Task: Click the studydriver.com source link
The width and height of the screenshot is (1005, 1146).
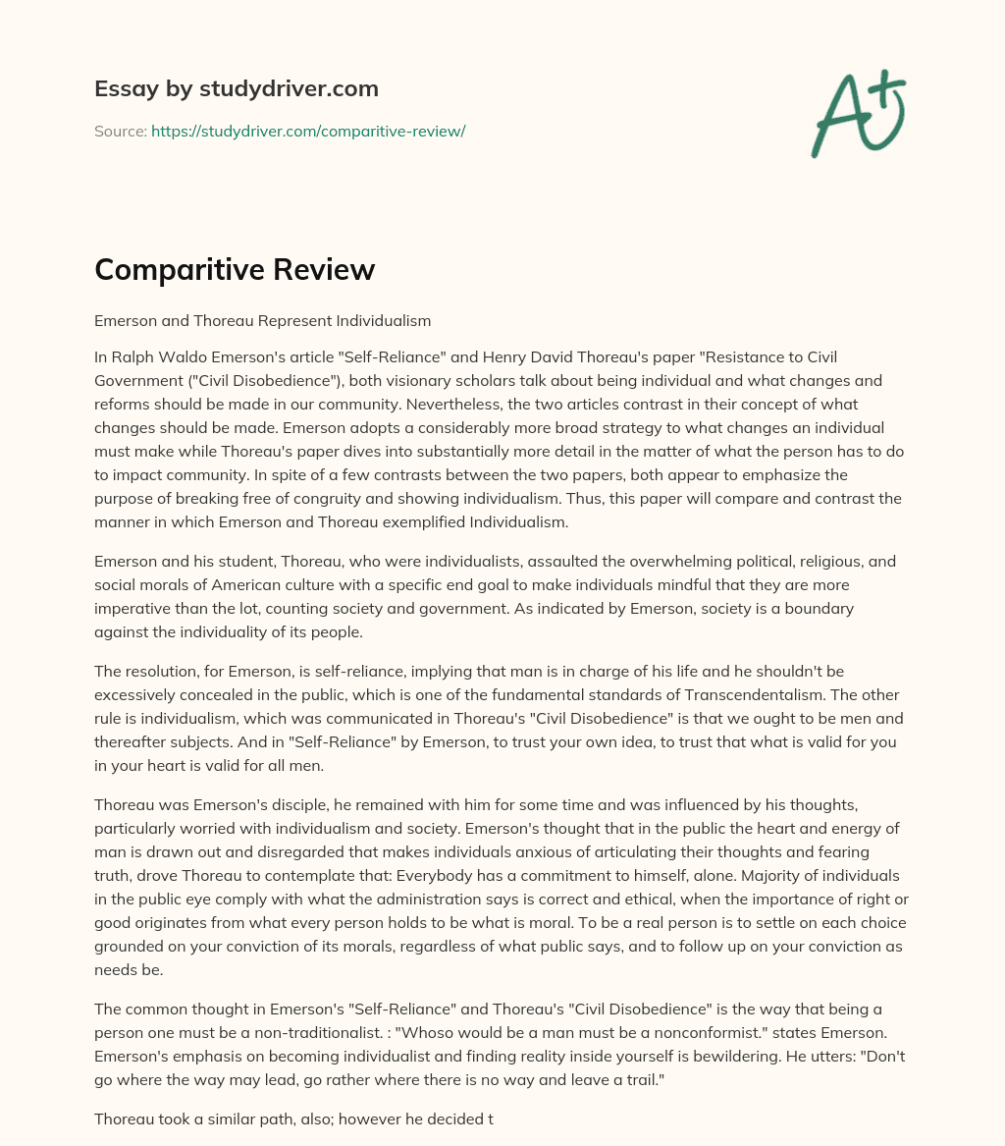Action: [307, 131]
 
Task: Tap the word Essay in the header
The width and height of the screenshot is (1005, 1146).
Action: [120, 88]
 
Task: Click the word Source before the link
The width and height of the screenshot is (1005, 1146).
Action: [119, 131]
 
